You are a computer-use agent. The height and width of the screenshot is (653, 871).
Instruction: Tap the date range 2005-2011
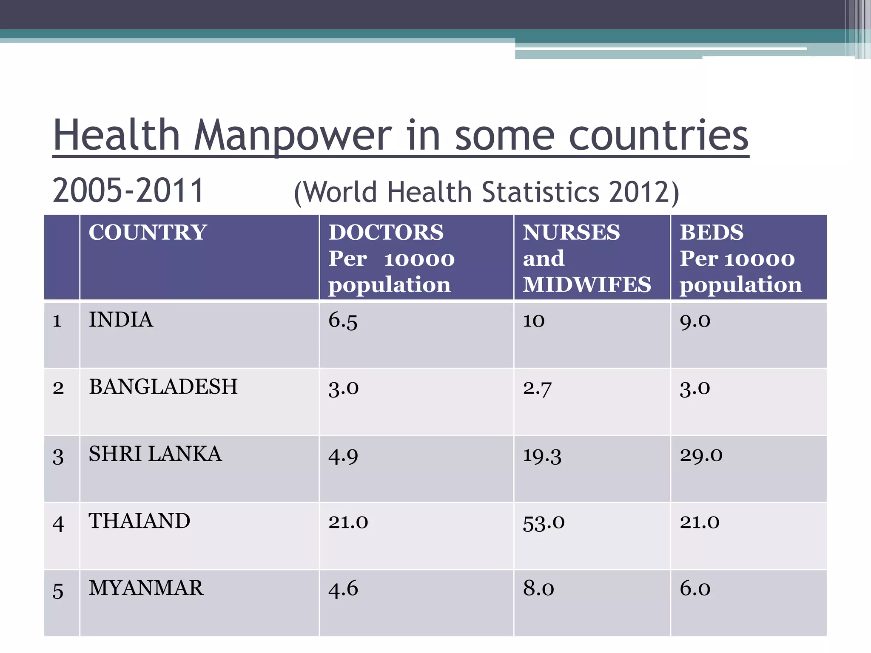pyautogui.click(x=128, y=190)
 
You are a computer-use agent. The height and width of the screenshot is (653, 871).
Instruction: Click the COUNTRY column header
pyautogui.click(x=148, y=233)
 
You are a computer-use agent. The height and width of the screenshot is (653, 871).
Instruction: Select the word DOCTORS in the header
pyautogui.click(x=386, y=233)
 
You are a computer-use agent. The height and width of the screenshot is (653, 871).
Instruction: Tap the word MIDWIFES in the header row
pyautogui.click(x=586, y=284)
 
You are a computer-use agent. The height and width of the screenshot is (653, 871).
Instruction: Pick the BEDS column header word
pyautogui.click(x=712, y=233)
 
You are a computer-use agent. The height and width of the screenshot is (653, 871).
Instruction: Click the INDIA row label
pyautogui.click(x=121, y=320)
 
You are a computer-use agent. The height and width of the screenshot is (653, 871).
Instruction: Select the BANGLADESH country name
pyautogui.click(x=163, y=387)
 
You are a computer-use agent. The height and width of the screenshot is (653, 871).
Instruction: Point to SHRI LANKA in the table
pyautogui.click(x=155, y=454)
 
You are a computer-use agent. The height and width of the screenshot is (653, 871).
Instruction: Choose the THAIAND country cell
pyautogui.click(x=139, y=521)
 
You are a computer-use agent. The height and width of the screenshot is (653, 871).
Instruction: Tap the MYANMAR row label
pyautogui.click(x=146, y=588)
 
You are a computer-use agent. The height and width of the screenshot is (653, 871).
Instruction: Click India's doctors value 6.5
pyautogui.click(x=342, y=321)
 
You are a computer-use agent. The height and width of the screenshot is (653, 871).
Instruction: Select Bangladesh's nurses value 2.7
pyautogui.click(x=537, y=388)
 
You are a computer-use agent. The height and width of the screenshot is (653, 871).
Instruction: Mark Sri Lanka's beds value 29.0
pyautogui.click(x=701, y=455)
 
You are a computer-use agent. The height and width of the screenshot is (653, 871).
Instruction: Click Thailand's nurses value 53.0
pyautogui.click(x=544, y=522)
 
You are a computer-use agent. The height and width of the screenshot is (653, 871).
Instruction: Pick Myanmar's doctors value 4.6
pyautogui.click(x=343, y=589)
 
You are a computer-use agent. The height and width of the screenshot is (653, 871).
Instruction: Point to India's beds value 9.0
pyautogui.click(x=695, y=321)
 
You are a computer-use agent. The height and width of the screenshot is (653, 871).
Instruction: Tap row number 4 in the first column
pyautogui.click(x=58, y=523)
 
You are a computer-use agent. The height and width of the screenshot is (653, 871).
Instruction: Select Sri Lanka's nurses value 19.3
pyautogui.click(x=542, y=455)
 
